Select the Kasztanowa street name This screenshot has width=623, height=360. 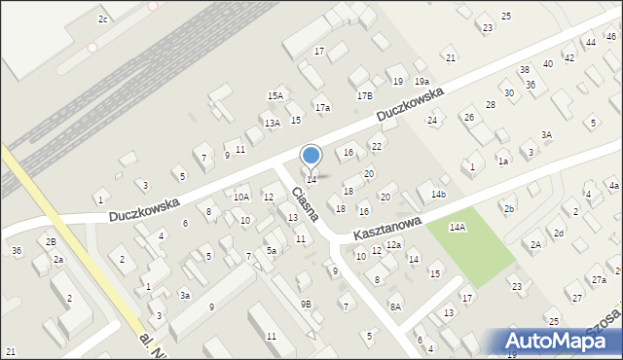pyautogui.click(x=386, y=230)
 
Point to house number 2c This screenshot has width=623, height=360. pyautogui.click(x=102, y=18)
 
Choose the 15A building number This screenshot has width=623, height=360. pyautogui.click(x=275, y=95)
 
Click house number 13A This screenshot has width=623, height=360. pyautogui.click(x=272, y=123)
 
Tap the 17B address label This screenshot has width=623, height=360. pyautogui.click(x=364, y=95)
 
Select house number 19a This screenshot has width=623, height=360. pyautogui.click(x=421, y=81)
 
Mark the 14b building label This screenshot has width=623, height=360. pyautogui.click(x=439, y=195)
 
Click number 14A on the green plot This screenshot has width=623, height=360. pyautogui.click(x=457, y=227)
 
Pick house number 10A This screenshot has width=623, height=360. pyautogui.click(x=240, y=197)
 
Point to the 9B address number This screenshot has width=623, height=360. pyautogui.click(x=306, y=304)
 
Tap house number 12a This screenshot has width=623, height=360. pyautogui.click(x=392, y=245)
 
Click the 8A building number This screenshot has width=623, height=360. pyautogui.click(x=395, y=306)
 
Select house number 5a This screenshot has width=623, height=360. pyautogui.click(x=273, y=251)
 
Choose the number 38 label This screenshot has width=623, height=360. pyautogui.click(x=524, y=70)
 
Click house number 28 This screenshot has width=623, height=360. pyautogui.click(x=491, y=104)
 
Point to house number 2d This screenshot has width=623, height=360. pyautogui.click(x=559, y=234)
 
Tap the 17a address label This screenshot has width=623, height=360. pyautogui.click(x=322, y=107)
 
